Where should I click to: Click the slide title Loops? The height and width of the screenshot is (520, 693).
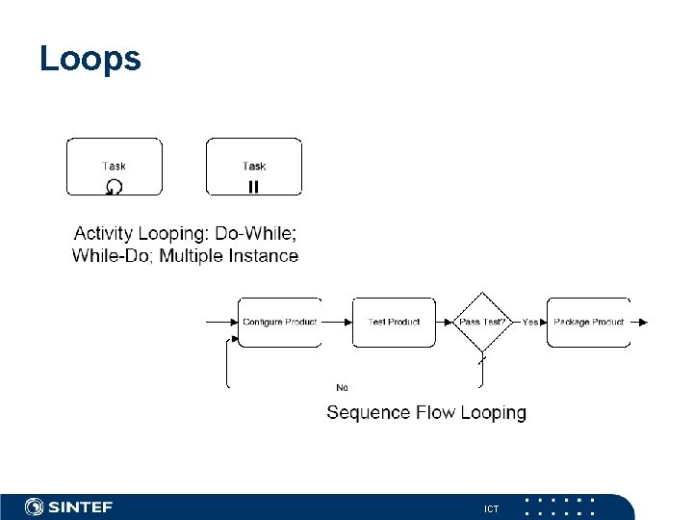click(90, 59)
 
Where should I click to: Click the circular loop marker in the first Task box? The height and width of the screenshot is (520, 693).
click(114, 187)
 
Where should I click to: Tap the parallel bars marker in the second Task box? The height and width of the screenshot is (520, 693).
click(253, 187)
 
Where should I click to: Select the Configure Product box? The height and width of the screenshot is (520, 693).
click(279, 322)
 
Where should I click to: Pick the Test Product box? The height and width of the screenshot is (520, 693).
click(394, 322)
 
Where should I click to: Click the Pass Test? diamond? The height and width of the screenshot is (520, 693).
click(481, 322)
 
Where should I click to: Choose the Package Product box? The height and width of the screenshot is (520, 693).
click(588, 322)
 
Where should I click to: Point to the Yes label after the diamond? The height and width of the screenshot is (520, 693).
click(530, 322)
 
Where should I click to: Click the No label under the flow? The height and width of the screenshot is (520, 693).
click(342, 387)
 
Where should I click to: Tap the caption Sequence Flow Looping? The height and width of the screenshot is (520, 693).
click(426, 412)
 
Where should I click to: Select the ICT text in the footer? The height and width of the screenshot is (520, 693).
click(492, 508)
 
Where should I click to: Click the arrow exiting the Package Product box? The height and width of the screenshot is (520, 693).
click(640, 322)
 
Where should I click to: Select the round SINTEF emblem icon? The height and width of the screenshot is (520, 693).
click(35, 507)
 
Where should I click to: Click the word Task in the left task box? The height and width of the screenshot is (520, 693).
click(114, 167)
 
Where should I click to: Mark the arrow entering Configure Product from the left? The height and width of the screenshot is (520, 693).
click(221, 322)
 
